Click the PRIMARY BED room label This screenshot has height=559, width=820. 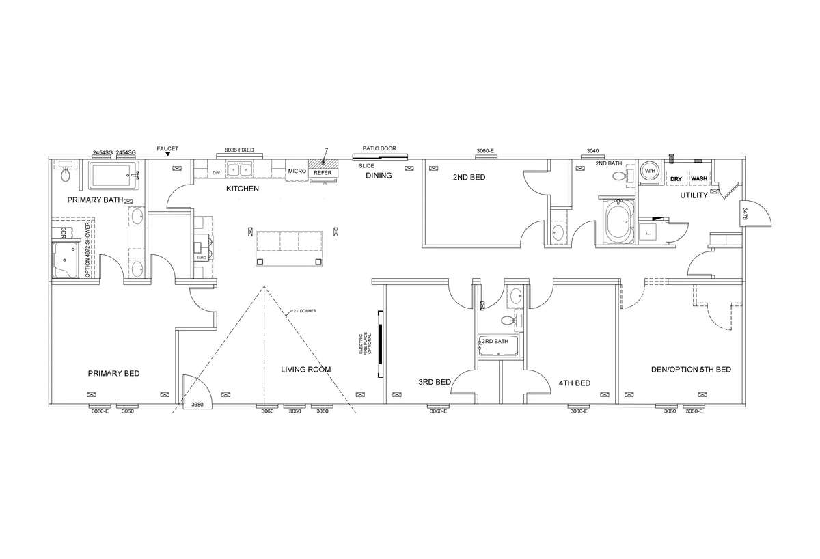113,373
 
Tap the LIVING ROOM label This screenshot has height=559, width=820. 305,370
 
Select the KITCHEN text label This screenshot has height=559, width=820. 242,189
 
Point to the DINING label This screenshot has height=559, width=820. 379,176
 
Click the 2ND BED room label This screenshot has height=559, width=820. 469,177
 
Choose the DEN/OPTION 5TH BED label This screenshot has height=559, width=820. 690,370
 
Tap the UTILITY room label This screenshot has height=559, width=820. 693,195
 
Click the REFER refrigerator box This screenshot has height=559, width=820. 323,173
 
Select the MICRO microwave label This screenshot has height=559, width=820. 297,171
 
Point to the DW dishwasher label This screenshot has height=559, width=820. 215,173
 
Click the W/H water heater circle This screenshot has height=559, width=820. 649,171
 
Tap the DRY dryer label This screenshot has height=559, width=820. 676,179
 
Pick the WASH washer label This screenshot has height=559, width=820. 698,179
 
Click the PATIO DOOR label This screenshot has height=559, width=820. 379,148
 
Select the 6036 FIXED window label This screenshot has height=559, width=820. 239,149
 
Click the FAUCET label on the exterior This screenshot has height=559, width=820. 167,148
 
